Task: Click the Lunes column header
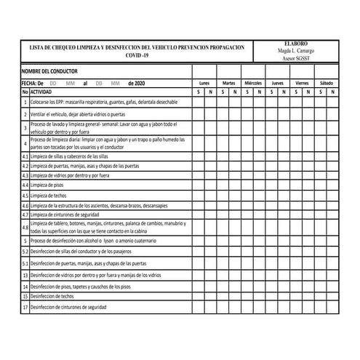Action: click(x=204, y=84)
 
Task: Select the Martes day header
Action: click(x=228, y=84)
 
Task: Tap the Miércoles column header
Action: click(x=253, y=84)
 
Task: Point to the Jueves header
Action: click(x=277, y=84)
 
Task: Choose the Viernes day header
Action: click(x=302, y=84)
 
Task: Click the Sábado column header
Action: click(x=327, y=84)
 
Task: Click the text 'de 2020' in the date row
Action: click(x=136, y=84)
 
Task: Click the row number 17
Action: click(x=25, y=307)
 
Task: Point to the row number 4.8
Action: click(x=25, y=227)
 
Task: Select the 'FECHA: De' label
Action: click(x=33, y=84)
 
